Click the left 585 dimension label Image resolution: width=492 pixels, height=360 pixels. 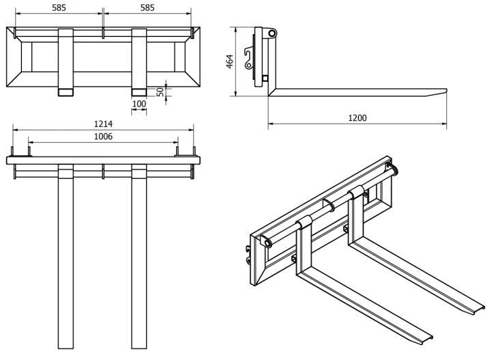[59, 8]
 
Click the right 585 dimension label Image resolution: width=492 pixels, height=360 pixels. [147, 8]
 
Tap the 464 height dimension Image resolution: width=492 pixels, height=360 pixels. [230, 61]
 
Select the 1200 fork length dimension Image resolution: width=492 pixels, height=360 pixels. [357, 118]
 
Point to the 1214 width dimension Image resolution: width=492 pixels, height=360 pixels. [103, 124]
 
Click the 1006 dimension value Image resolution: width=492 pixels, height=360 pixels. [103, 137]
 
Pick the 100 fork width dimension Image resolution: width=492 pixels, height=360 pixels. [139, 104]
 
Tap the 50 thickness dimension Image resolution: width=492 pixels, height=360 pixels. [161, 92]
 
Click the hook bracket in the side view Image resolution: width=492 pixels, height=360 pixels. [249, 58]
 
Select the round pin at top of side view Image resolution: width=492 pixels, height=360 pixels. [272, 33]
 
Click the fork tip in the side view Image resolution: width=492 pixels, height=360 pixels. [445, 91]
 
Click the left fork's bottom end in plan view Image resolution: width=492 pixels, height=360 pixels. [66, 348]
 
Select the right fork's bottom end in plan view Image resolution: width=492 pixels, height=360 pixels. [139, 348]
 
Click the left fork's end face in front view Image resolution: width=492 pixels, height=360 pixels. [66, 92]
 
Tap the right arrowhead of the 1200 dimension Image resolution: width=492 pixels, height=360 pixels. [444, 124]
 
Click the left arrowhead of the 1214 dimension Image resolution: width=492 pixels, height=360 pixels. [15, 130]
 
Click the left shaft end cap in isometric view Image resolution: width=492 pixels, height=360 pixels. [266, 243]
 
